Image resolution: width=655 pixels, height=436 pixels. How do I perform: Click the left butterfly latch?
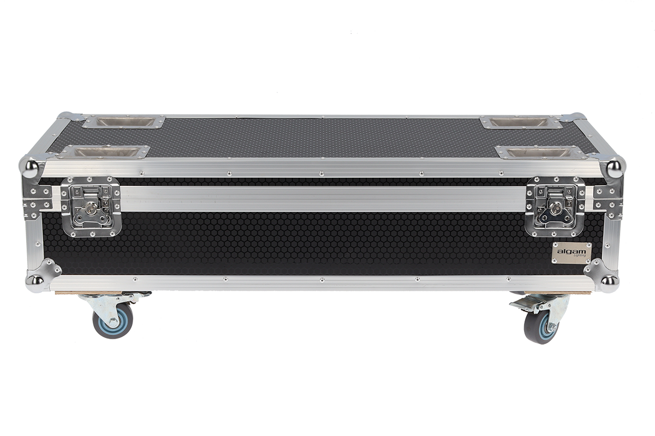coord(91,206)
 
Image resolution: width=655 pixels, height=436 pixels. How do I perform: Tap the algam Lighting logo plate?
coord(568,253)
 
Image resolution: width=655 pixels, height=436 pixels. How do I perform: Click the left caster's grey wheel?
coord(112,320)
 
